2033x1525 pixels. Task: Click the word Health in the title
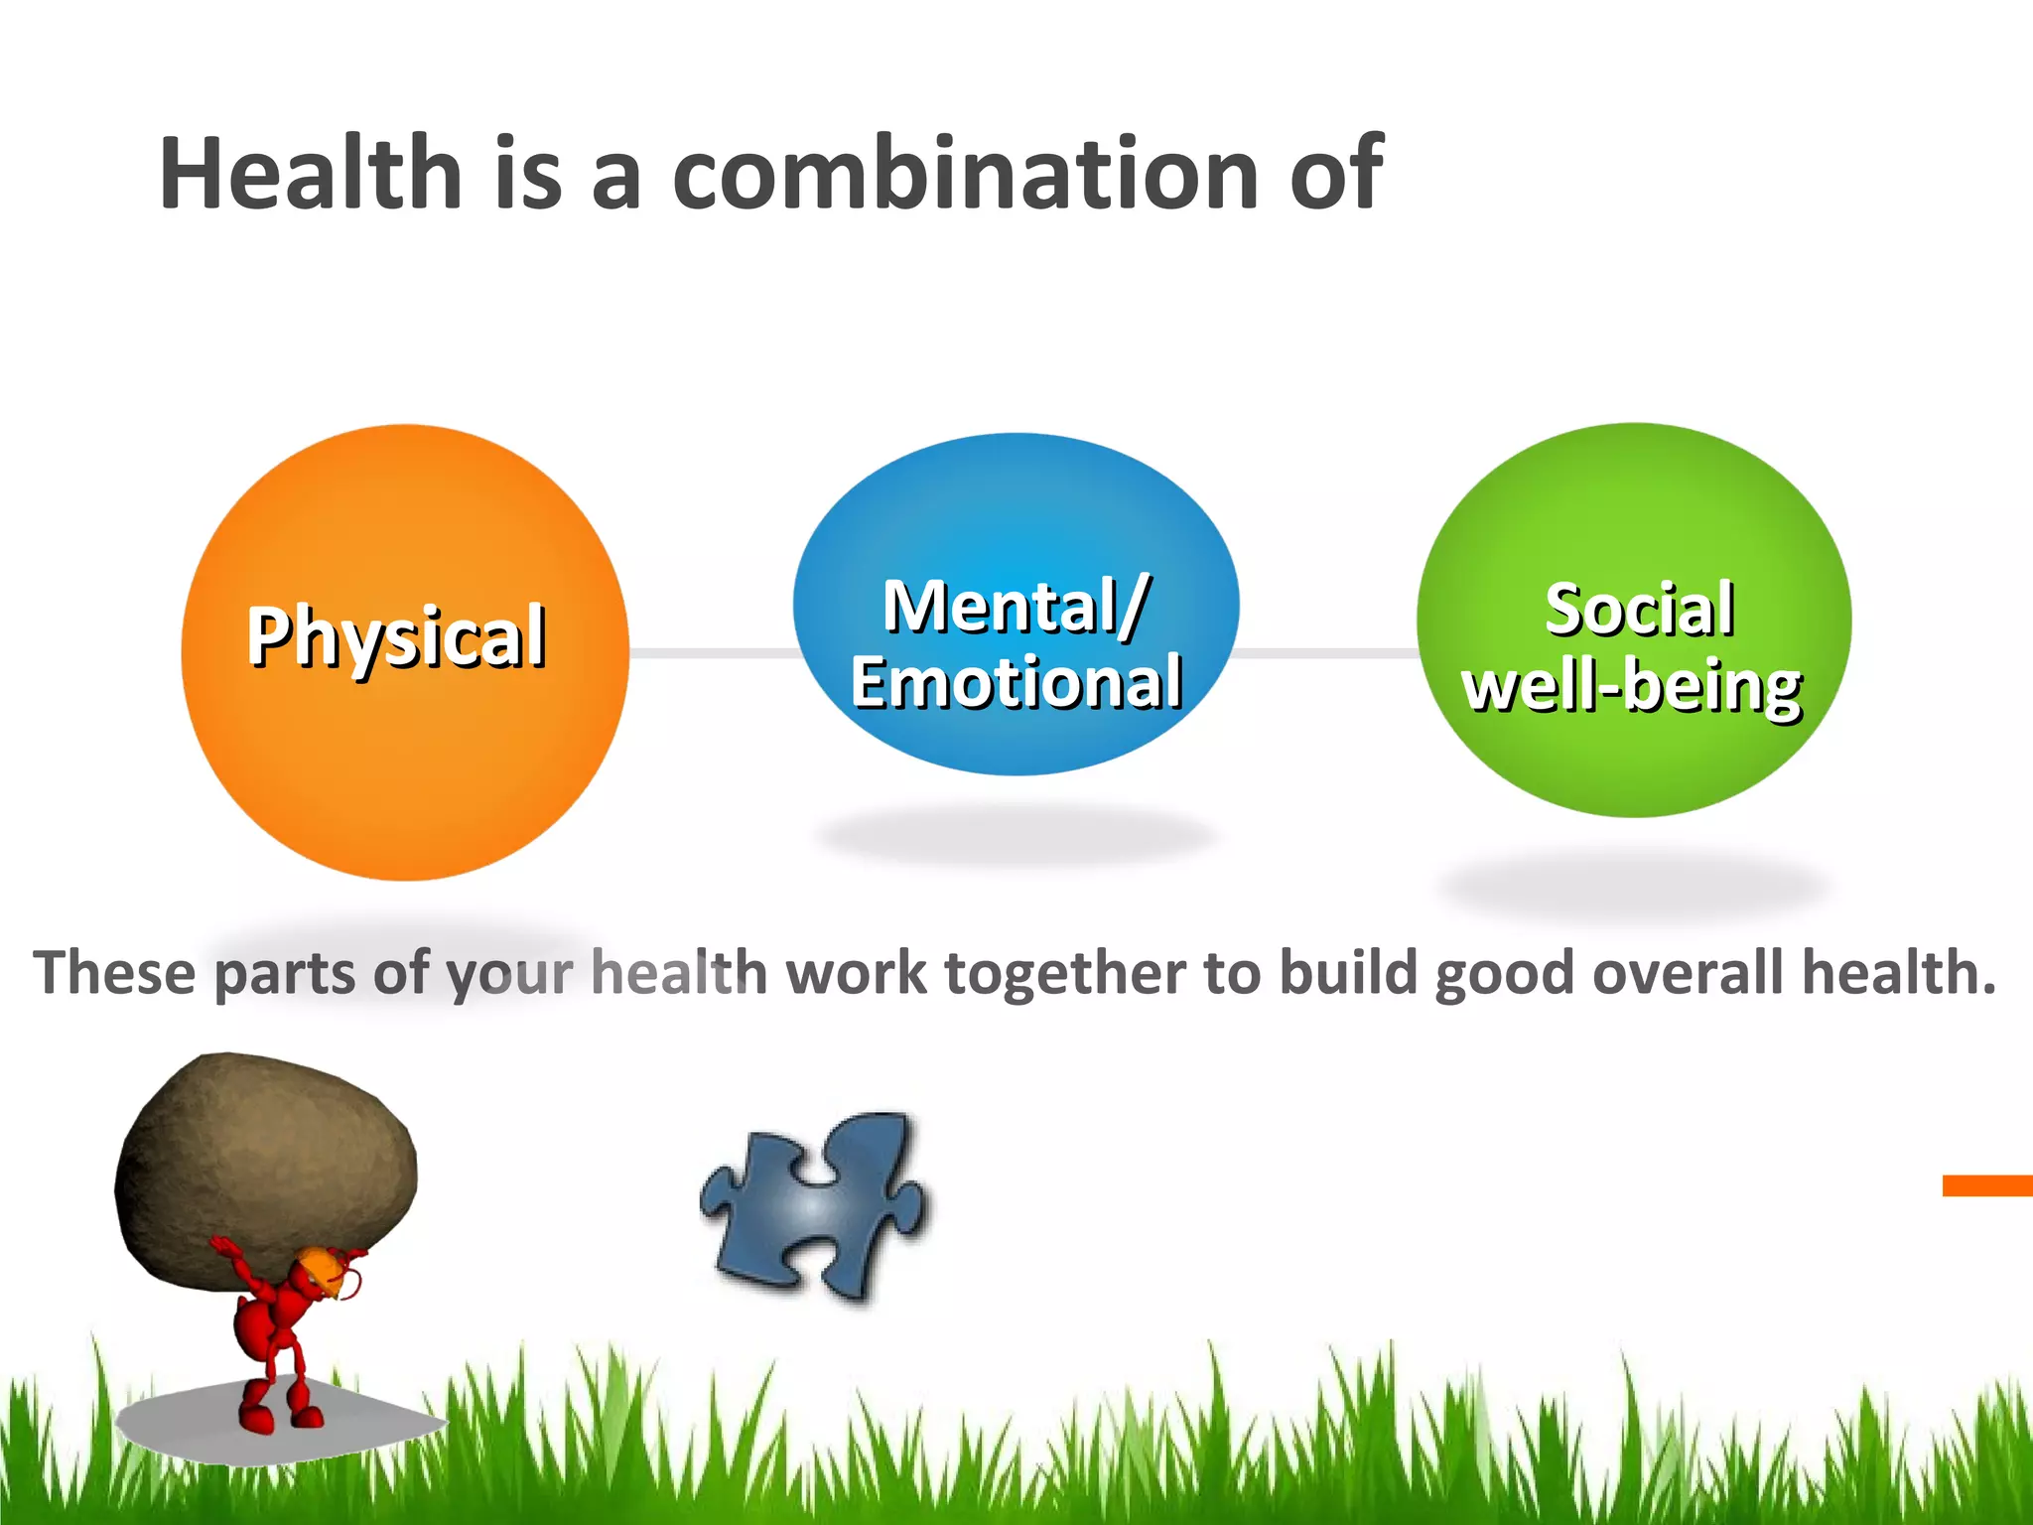pyautogui.click(x=310, y=174)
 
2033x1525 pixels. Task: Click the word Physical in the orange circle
pyautogui.click(x=396, y=636)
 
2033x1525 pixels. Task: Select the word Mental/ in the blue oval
pyautogui.click(x=1016, y=606)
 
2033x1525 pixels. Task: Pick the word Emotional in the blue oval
pyautogui.click(x=1016, y=683)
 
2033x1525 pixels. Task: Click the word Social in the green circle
pyautogui.click(x=1639, y=610)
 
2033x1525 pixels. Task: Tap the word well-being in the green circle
pyautogui.click(x=1632, y=687)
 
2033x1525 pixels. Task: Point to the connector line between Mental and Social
pyautogui.click(x=1325, y=653)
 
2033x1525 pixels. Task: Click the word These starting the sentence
pyautogui.click(x=114, y=973)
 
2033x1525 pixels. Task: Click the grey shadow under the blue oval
pyautogui.click(x=1016, y=834)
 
